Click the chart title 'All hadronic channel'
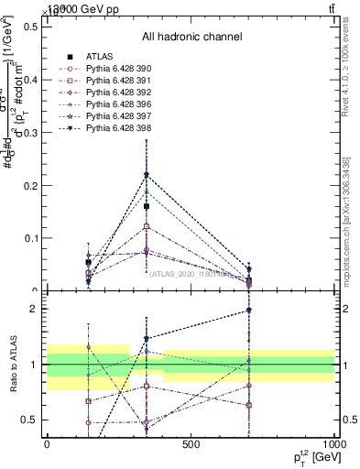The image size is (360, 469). [191, 38]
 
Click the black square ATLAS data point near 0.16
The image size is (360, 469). [146, 206]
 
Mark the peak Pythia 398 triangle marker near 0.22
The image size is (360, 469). [146, 175]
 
